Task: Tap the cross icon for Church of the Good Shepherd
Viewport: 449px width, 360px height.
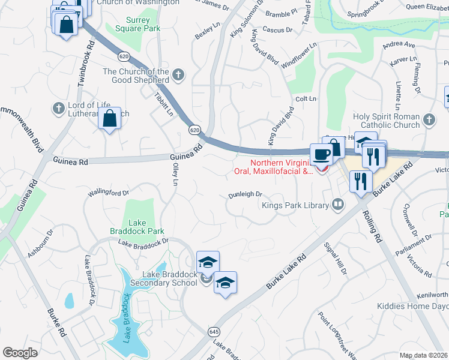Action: (178, 76)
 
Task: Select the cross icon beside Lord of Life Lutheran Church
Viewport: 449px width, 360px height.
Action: (58, 109)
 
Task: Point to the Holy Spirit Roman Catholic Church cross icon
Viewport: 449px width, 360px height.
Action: (429, 120)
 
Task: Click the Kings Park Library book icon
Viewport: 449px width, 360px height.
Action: (338, 205)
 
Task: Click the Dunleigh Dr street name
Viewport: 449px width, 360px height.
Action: (245, 194)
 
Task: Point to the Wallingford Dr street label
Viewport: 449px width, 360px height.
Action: (109, 193)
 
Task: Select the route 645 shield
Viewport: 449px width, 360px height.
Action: (214, 331)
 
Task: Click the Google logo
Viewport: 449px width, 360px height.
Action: (20, 352)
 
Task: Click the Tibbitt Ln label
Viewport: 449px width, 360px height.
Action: (163, 104)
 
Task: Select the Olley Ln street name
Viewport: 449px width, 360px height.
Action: (176, 175)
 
